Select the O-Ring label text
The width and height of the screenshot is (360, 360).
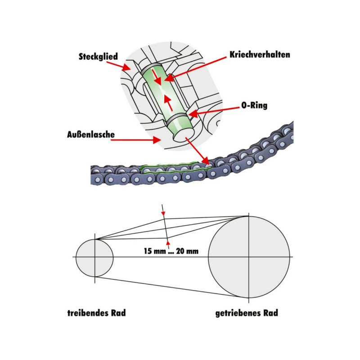point(254,106)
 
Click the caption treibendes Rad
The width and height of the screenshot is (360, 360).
point(96,313)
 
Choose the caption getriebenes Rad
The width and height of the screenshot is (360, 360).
point(247,313)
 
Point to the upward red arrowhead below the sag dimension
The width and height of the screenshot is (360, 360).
point(167,244)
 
